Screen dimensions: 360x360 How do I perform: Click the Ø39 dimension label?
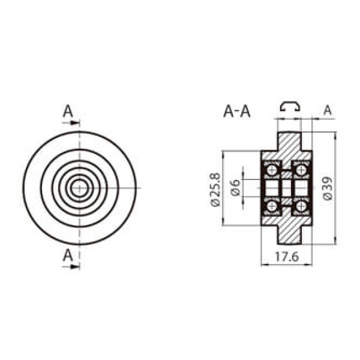point(328,188)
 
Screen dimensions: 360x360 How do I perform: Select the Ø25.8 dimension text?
point(215,190)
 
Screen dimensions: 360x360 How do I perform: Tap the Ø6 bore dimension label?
point(236,188)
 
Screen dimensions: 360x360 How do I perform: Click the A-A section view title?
point(237,112)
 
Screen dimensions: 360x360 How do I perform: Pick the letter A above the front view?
point(68,111)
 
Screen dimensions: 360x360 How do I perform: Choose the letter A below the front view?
point(68,256)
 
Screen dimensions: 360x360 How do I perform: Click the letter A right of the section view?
point(328,110)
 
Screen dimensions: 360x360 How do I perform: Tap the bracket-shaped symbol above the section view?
point(290,106)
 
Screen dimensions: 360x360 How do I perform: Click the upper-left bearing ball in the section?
point(272,170)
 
